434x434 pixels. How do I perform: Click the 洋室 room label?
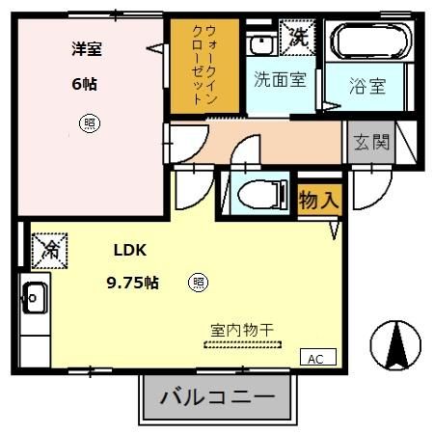click(85, 49)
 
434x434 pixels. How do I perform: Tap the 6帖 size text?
click(84, 84)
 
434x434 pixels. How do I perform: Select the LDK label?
click(129, 250)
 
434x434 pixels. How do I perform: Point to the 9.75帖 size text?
click(132, 283)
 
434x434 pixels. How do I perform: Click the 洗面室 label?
click(280, 80)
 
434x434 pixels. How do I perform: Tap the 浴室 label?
click(366, 86)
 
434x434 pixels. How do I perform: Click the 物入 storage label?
click(318, 202)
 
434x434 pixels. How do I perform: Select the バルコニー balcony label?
click(217, 396)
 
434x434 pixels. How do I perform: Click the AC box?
click(315, 358)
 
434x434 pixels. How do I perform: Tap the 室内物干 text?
click(242, 330)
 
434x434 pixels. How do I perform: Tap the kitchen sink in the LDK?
click(33, 298)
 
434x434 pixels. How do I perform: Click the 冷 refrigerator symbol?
click(48, 251)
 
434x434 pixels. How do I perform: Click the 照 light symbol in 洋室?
click(89, 122)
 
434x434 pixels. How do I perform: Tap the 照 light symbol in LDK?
click(197, 283)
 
